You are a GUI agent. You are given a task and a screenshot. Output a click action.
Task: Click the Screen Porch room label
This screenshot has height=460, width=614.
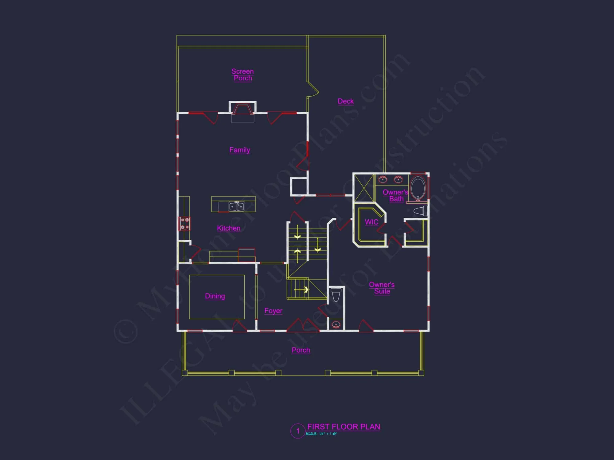click(243, 75)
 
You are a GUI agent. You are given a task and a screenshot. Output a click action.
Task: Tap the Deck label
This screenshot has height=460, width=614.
click(346, 101)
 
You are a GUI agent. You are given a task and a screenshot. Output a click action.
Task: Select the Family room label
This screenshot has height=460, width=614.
click(240, 150)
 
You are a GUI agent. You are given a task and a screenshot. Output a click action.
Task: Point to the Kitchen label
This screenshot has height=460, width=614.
click(229, 228)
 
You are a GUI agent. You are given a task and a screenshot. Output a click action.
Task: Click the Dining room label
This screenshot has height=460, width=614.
click(215, 296)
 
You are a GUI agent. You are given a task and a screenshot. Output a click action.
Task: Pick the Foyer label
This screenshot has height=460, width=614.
click(273, 311)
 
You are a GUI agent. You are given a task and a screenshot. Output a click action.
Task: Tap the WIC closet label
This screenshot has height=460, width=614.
click(371, 222)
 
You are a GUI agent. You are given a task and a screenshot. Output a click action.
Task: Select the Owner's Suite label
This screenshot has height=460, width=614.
click(382, 288)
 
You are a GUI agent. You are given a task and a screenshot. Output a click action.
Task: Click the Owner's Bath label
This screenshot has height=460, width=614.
click(395, 195)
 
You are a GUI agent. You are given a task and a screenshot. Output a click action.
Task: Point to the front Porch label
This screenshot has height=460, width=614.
click(301, 350)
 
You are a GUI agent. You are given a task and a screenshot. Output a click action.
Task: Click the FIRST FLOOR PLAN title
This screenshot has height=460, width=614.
click(344, 427)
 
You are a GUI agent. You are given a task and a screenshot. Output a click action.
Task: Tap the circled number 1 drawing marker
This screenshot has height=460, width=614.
click(297, 431)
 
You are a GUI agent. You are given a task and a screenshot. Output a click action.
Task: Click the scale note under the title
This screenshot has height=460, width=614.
click(321, 434)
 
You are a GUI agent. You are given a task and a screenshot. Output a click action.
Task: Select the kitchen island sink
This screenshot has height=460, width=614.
click(236, 206)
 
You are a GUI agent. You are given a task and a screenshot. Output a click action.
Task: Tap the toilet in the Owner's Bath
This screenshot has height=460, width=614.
click(421, 211)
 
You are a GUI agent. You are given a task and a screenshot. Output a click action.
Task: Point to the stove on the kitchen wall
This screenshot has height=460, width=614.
click(185, 224)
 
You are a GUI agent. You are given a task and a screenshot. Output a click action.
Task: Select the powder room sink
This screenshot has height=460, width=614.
click(336, 324)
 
